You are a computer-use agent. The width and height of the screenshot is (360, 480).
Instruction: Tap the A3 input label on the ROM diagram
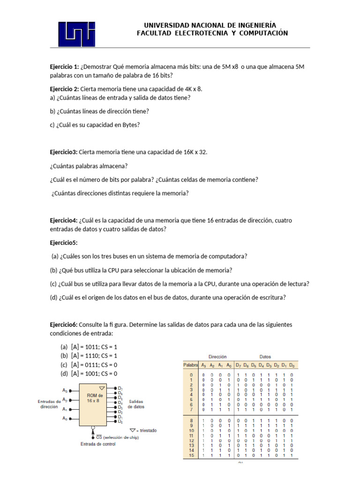(x=65, y=390)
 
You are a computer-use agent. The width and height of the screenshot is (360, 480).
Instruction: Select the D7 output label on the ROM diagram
(x=120, y=389)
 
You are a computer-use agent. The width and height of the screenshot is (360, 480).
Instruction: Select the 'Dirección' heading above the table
(x=216, y=357)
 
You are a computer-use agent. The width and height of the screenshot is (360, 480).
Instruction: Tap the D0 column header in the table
(x=292, y=365)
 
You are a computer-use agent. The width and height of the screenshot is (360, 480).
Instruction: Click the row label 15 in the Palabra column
(x=191, y=455)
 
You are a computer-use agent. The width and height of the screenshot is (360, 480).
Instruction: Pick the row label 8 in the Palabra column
(x=191, y=420)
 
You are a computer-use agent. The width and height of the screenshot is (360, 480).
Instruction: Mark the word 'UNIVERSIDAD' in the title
(x=165, y=25)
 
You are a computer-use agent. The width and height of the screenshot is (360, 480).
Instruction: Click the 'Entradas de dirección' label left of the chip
(x=49, y=404)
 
